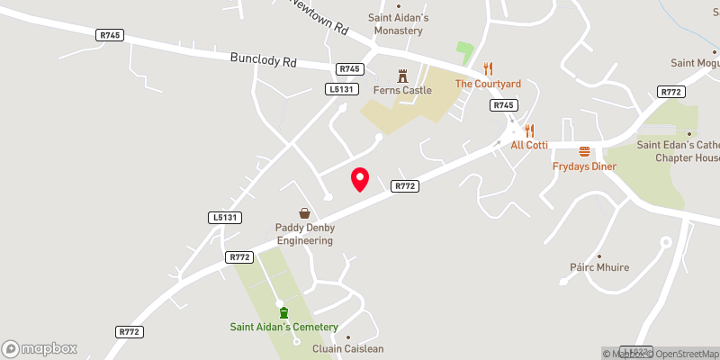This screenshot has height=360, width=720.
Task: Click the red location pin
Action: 360,179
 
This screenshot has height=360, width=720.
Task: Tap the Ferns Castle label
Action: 402,90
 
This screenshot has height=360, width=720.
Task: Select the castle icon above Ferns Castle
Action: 402,76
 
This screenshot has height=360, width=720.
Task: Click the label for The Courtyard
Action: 488,84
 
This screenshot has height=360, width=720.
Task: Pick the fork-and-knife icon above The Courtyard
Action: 488,68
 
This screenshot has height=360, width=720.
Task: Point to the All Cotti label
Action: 529,145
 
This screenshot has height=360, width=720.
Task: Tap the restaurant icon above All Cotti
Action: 529,130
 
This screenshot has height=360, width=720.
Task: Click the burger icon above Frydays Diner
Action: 584,151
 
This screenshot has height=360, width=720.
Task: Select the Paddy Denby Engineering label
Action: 305,234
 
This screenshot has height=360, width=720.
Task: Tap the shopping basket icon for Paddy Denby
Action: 305,213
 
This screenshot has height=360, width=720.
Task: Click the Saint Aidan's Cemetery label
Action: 283,327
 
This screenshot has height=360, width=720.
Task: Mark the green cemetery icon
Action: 283,312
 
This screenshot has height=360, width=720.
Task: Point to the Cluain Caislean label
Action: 347,349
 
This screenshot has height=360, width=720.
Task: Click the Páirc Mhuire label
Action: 598,267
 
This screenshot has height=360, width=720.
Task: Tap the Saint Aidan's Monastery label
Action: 396,24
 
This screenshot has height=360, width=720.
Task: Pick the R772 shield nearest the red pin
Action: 404,186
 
